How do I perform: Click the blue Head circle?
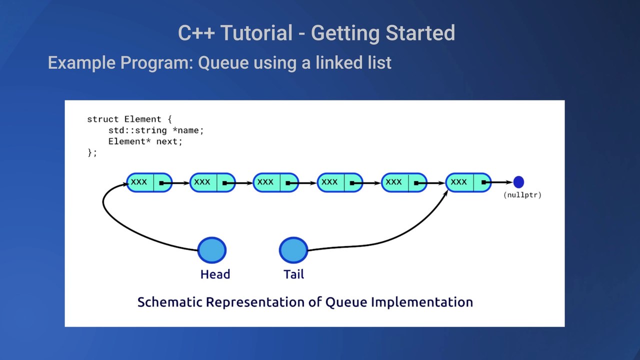tap(212, 250)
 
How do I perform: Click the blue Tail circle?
tap(293, 250)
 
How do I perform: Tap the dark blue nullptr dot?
tap(518, 182)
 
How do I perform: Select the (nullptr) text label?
tap(522, 195)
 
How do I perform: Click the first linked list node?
tap(149, 182)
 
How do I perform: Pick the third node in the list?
tap(275, 182)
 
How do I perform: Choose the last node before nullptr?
tap(468, 182)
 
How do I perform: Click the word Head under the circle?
tap(215, 274)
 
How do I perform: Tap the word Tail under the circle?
tap(293, 274)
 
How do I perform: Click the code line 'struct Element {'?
tap(129, 119)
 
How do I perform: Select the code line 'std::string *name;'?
tap(156, 130)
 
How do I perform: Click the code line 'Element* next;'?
tap(145, 141)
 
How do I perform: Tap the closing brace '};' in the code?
tap(92, 153)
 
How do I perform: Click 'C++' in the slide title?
tap(197, 33)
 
